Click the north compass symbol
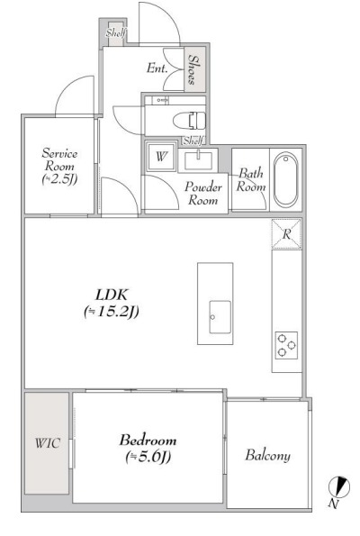[339, 486]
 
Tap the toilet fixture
[189, 121]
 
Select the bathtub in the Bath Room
[286, 180]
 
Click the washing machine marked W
[161, 157]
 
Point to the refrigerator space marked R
[286, 234]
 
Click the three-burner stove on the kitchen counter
[286, 345]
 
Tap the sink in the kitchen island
[220, 317]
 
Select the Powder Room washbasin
[198, 160]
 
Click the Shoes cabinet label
[193, 69]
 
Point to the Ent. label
[157, 68]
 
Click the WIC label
[48, 443]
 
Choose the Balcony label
[268, 455]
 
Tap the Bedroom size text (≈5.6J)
[148, 457]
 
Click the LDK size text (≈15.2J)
[112, 311]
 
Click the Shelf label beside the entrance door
[116, 32]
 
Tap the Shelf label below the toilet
[193, 141]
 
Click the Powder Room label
[203, 193]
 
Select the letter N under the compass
[334, 504]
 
